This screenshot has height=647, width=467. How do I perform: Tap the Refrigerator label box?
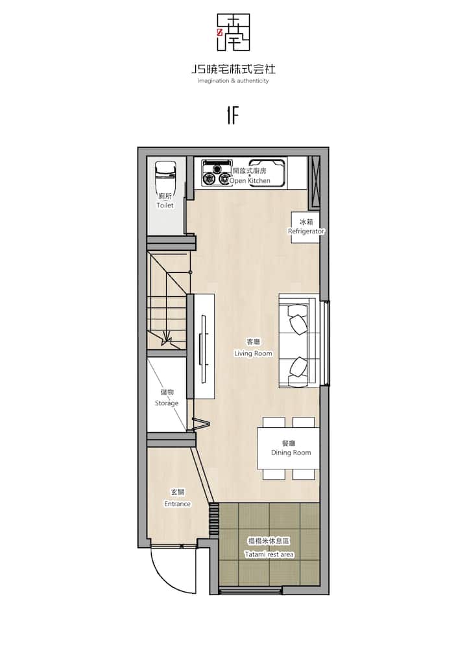[x=306, y=228]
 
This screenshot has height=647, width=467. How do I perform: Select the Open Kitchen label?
[x=250, y=176]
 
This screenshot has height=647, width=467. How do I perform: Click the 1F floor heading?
[x=233, y=115]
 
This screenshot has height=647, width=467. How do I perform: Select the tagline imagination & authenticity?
[x=233, y=81]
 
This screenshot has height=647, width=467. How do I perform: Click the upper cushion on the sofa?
[x=297, y=318]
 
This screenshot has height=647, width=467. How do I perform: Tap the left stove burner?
[x=208, y=179]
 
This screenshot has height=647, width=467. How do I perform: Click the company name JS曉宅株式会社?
[x=233, y=69]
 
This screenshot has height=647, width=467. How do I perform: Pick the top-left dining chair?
[x=274, y=422]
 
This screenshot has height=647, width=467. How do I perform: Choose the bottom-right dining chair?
[x=304, y=475]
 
